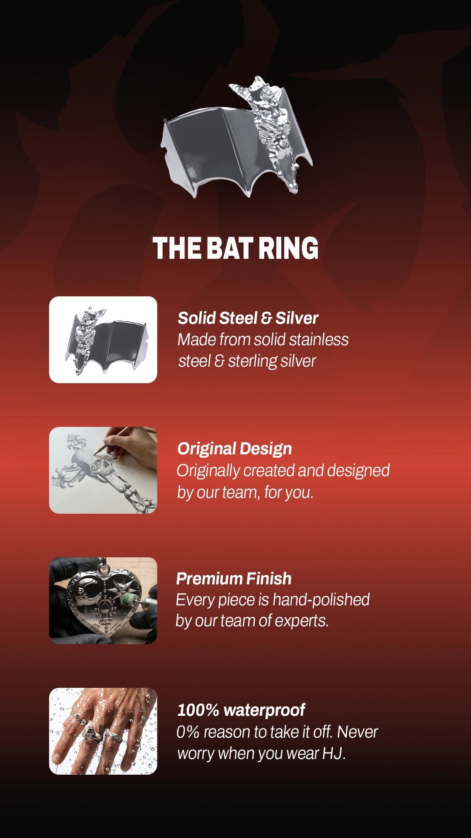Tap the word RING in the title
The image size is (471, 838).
[x=288, y=248]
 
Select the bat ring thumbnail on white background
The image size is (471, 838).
[x=103, y=340]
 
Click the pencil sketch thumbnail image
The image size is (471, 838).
[x=103, y=470]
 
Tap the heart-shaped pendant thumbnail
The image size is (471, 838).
[x=103, y=601]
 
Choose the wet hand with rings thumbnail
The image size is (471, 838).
[x=103, y=731]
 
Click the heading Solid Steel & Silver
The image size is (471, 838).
[x=248, y=318]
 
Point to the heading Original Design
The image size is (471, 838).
[x=235, y=449]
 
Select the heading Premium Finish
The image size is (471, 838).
[x=234, y=579]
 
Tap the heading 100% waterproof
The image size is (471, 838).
[x=241, y=710]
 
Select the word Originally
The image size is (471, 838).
[x=208, y=471]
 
